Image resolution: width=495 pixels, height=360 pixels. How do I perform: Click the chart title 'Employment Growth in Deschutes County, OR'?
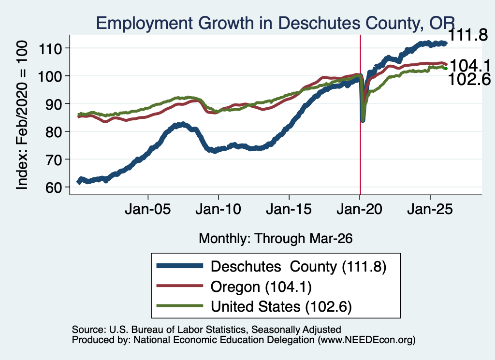pyautogui.click(x=275, y=23)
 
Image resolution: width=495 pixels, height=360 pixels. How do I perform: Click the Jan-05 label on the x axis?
pyautogui.click(x=148, y=209)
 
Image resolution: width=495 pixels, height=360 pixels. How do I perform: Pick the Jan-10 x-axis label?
pyautogui.click(x=218, y=209)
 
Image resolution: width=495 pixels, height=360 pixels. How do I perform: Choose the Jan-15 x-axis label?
pyautogui.click(x=289, y=209)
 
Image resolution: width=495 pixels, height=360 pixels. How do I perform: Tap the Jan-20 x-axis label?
pyautogui.click(x=359, y=209)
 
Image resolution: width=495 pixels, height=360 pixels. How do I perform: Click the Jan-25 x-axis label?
pyautogui.click(x=430, y=209)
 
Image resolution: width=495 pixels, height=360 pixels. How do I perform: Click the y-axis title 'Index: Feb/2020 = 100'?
pyautogui.click(x=22, y=115)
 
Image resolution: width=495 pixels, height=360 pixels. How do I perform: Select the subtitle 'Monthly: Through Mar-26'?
pyautogui.click(x=276, y=239)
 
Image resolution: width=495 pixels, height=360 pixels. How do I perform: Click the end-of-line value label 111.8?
pyautogui.click(x=468, y=35)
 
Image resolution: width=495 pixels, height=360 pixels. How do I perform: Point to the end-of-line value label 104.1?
pyautogui.click(x=470, y=66)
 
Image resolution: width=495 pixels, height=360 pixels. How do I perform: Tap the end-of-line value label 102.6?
pyautogui.click(x=469, y=79)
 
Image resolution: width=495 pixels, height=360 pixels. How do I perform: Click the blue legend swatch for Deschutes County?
pyautogui.click(x=180, y=266)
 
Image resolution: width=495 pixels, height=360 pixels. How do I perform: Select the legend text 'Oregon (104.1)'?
pyautogui.click(x=261, y=287)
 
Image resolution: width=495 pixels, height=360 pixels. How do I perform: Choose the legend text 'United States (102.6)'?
pyautogui.click(x=281, y=307)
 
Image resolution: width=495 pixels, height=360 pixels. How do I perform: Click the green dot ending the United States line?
pyautogui.click(x=446, y=69)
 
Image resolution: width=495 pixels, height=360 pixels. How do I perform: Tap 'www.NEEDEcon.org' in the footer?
pyautogui.click(x=366, y=340)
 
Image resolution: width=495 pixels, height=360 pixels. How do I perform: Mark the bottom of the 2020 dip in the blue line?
pyautogui.click(x=363, y=120)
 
